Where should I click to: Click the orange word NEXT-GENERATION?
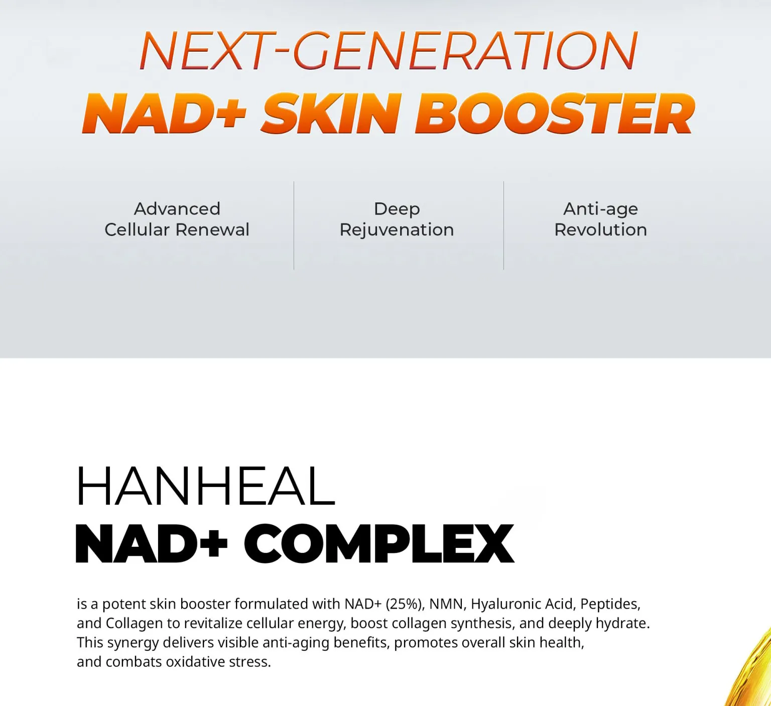(389, 51)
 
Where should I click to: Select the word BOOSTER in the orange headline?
(555, 114)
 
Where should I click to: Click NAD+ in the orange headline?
(164, 114)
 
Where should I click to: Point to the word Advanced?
(177, 208)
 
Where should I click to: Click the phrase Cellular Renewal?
(177, 229)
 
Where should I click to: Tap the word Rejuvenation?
(397, 229)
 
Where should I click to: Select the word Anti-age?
(600, 208)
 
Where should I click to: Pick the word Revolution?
(600, 229)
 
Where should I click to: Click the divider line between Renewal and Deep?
(294, 225)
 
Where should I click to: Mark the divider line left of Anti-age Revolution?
(503, 225)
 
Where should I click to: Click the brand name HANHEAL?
(205, 486)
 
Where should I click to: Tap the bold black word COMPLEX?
(379, 544)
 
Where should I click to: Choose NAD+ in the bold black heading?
(151, 544)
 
